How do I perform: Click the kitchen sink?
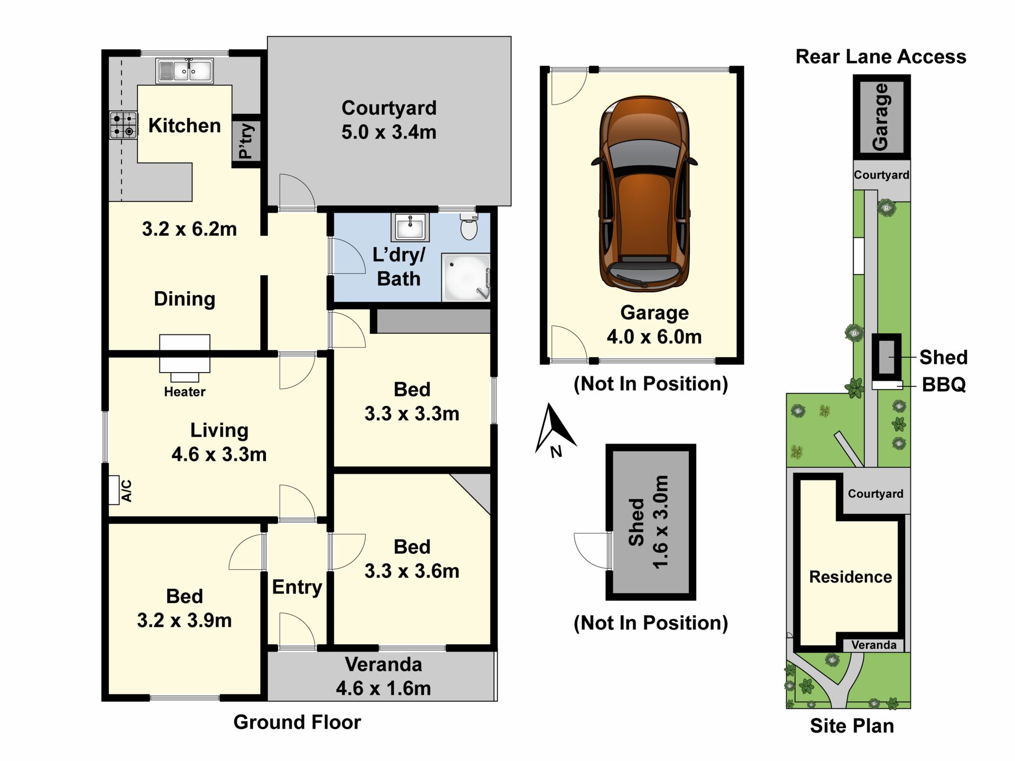[184, 71]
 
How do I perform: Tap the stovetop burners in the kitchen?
[123, 125]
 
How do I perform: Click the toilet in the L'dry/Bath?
[469, 226]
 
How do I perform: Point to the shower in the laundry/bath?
[466, 277]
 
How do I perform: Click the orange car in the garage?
[644, 193]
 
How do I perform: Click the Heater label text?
[184, 392]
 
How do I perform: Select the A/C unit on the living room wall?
[114, 490]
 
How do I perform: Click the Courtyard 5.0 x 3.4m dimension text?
[389, 132]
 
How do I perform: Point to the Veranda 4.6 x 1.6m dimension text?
[383, 688]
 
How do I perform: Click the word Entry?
[297, 587]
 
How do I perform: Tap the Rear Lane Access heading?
[881, 57]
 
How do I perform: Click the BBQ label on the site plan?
[944, 385]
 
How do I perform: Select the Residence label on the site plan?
[851, 577]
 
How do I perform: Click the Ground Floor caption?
[297, 722]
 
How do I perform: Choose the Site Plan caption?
[852, 726]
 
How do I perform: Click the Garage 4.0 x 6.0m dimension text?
[654, 337]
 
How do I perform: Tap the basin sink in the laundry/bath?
[410, 227]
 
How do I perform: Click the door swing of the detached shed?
[591, 551]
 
